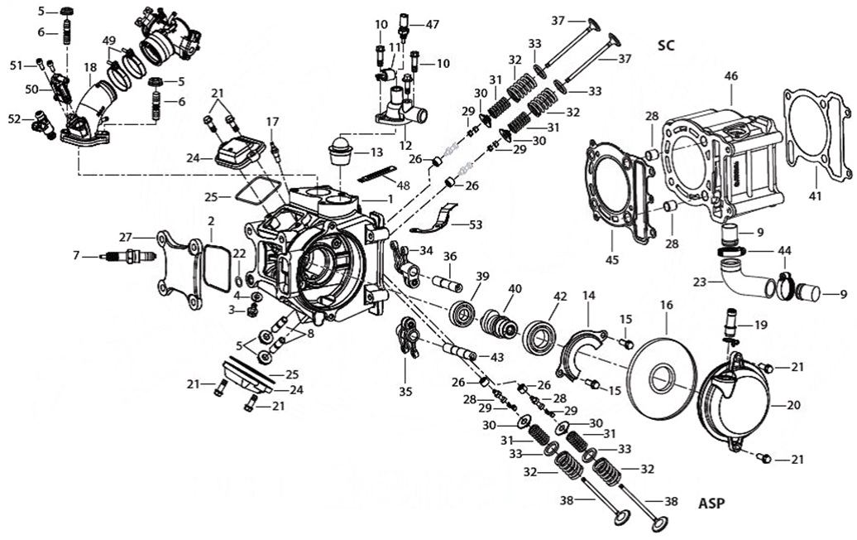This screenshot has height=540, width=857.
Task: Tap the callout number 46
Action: [x=730, y=75]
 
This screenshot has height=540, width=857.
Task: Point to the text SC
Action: [x=666, y=45]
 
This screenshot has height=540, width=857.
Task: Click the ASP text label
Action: [x=712, y=503]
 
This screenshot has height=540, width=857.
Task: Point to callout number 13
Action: [x=376, y=152]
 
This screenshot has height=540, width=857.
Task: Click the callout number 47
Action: [x=433, y=25]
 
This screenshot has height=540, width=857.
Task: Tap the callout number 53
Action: [x=475, y=224]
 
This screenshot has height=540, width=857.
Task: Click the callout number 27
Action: [x=126, y=236]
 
